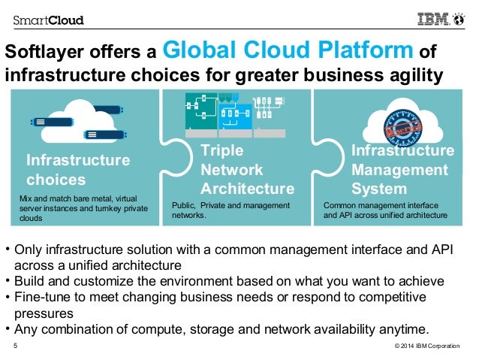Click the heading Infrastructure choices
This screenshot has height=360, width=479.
(x=77, y=170)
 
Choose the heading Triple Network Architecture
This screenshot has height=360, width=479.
(x=247, y=170)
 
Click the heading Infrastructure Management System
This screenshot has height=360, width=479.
(x=402, y=170)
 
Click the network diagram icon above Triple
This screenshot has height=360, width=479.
(x=229, y=113)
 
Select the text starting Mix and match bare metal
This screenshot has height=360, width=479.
(x=83, y=207)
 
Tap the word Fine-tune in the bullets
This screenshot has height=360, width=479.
(x=41, y=298)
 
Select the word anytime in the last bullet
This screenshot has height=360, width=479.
(x=402, y=328)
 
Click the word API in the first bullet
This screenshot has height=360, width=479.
(x=443, y=250)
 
